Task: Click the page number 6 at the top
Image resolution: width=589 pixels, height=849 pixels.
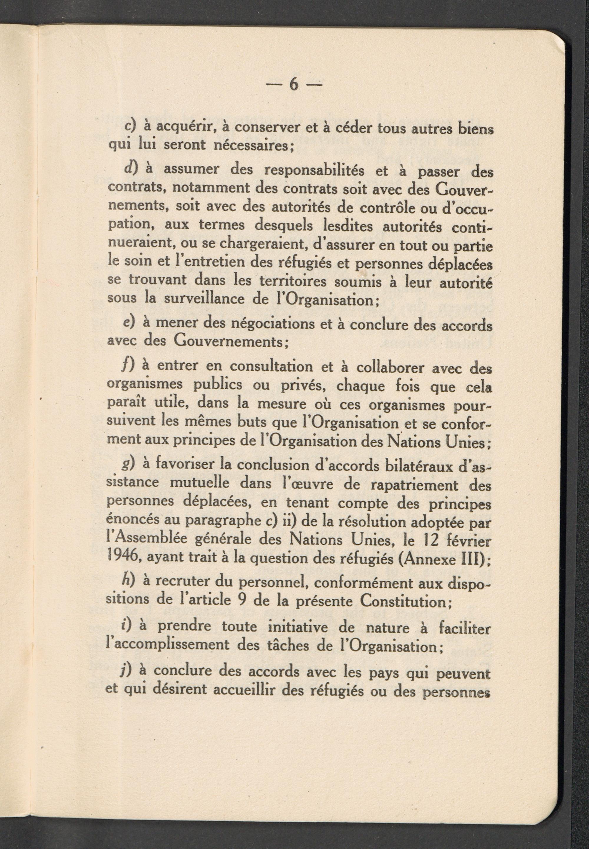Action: point(294,85)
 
